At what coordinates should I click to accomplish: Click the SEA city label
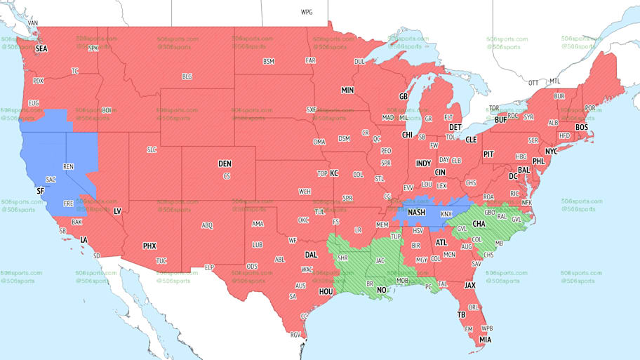42,48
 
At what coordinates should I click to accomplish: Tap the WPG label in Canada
306,13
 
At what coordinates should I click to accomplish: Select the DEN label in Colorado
225,164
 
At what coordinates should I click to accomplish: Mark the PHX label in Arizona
149,246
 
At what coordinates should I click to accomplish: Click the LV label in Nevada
117,211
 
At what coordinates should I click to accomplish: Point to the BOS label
581,127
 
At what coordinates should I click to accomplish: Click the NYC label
551,151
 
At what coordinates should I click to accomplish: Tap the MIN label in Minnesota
347,91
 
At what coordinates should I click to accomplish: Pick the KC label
334,173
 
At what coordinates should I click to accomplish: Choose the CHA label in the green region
479,225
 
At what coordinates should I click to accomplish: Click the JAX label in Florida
469,286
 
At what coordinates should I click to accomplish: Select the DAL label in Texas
311,255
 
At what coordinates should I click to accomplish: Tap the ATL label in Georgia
441,243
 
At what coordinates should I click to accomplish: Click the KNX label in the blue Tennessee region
446,213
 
